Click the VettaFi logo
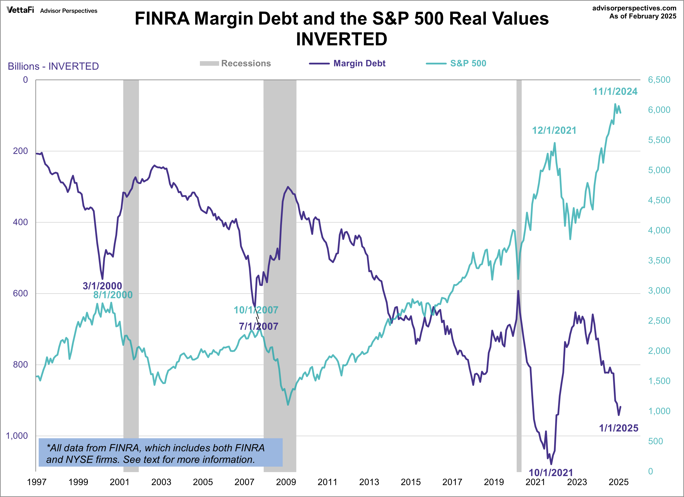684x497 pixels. tap(20, 10)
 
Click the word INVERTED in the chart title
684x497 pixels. tap(341, 39)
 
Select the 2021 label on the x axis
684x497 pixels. tap(535, 482)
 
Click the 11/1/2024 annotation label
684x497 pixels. tap(615, 91)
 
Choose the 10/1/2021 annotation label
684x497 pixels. tap(551, 472)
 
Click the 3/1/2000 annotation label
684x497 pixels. tap(102, 286)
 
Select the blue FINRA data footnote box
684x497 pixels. tap(160, 452)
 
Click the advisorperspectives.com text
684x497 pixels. tap(634, 8)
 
